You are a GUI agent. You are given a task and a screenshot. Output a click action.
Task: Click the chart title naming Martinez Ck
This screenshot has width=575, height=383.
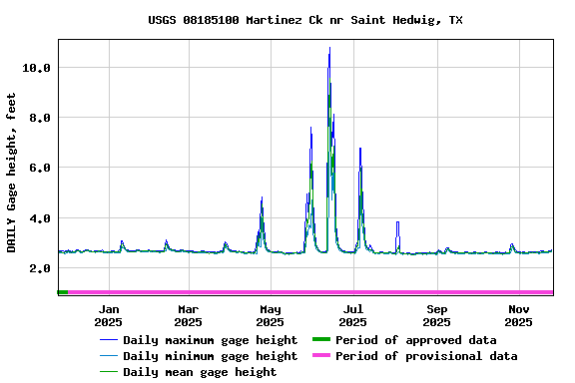pos(305,20)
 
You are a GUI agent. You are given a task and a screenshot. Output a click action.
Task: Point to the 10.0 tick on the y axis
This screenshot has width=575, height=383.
pos(36,68)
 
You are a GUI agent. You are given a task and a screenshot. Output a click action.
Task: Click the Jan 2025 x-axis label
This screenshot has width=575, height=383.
pos(109,315)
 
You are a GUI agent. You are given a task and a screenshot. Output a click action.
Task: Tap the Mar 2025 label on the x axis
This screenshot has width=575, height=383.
pos(188,315)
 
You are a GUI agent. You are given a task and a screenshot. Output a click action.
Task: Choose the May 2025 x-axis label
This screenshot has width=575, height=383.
pos(270,315)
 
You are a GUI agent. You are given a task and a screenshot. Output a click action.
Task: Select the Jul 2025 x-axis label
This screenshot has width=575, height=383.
pos(352,315)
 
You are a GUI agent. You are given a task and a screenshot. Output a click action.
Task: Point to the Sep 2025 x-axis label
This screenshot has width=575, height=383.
pos(436,315)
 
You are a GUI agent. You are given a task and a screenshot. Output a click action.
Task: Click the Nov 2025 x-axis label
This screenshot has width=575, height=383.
pos(518,315)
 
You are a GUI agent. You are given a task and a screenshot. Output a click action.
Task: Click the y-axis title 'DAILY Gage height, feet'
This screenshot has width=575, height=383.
pos(12,172)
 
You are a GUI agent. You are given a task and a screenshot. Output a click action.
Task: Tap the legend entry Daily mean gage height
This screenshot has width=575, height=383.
pos(200,372)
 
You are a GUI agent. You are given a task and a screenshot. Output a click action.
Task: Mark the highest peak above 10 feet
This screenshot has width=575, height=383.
pos(329,49)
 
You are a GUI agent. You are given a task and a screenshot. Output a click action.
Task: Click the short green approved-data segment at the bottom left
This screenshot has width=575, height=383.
pos(63,292)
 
